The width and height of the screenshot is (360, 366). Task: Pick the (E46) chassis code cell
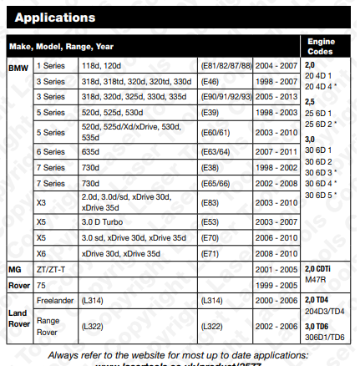(x=214, y=81)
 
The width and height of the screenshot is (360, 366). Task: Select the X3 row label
(x=42, y=201)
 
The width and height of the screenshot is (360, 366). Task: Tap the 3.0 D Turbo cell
(x=106, y=222)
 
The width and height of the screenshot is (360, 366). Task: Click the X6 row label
(x=42, y=253)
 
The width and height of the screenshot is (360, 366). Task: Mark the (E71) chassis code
(x=214, y=253)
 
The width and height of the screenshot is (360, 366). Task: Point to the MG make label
(x=14, y=269)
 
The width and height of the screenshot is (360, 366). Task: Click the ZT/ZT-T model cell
(x=51, y=269)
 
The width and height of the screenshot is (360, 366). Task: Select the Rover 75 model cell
(x=41, y=284)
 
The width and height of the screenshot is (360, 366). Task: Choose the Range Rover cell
(x=48, y=326)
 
